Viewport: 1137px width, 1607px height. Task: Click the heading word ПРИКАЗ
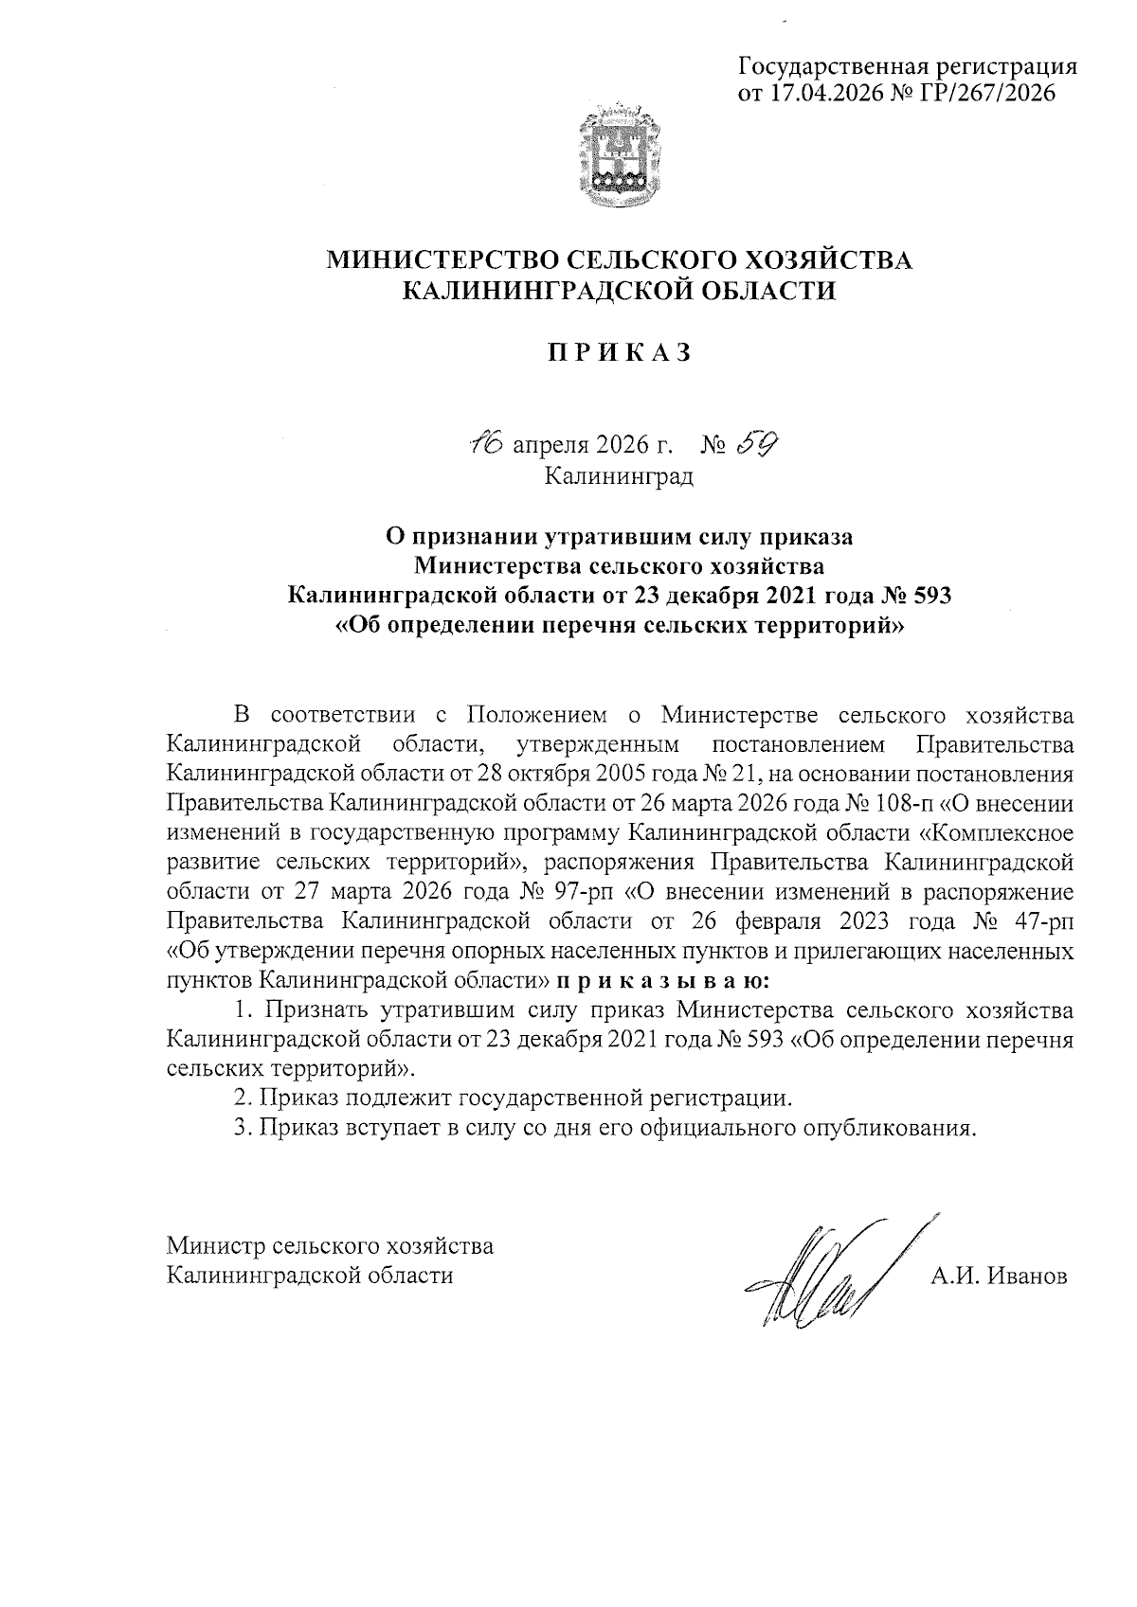620,352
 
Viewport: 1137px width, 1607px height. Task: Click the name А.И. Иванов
998,1276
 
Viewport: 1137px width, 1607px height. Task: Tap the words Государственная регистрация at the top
908,66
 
